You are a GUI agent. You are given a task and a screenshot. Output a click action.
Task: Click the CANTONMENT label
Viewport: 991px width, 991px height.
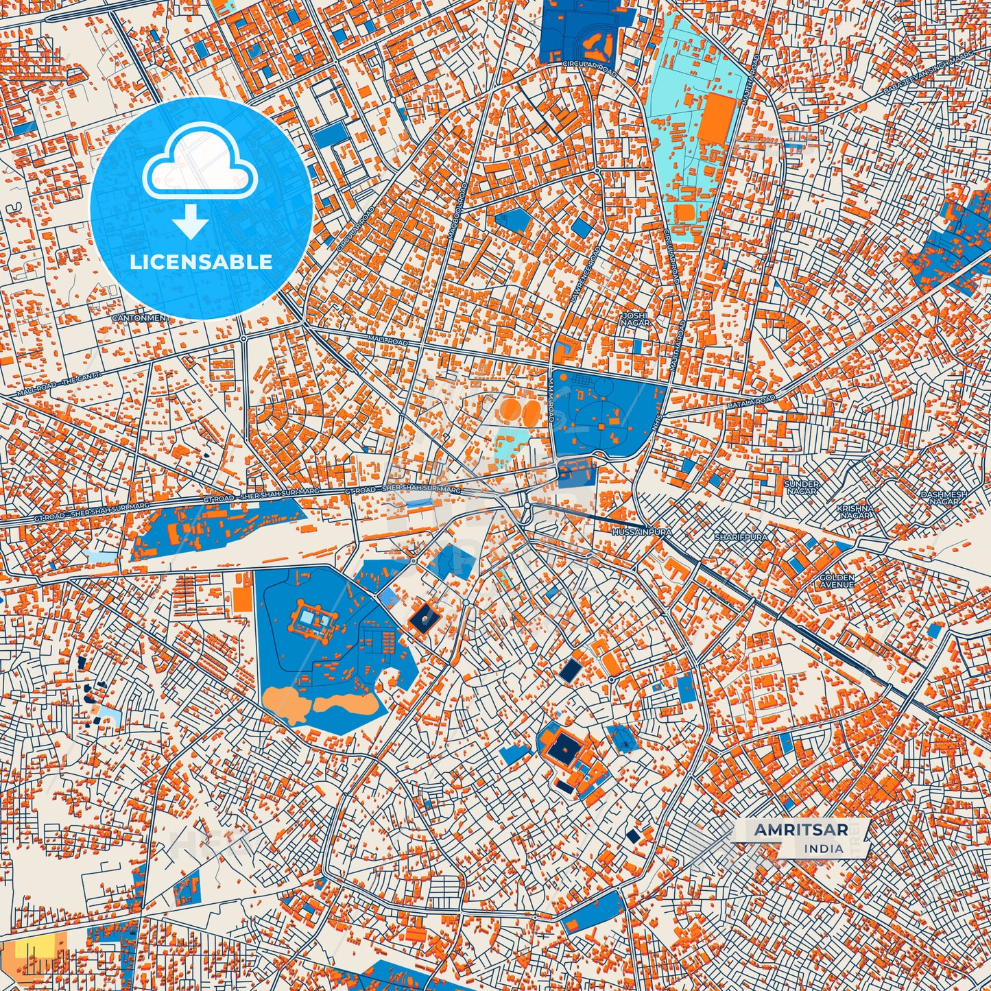140,318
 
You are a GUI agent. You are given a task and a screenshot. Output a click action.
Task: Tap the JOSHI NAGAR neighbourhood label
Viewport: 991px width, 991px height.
634,319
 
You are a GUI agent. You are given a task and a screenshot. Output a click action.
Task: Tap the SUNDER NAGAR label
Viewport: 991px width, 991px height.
801,488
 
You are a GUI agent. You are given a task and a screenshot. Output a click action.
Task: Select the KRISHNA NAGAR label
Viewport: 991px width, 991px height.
855,512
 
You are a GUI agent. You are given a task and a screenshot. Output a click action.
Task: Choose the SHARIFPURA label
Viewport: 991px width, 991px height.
741,537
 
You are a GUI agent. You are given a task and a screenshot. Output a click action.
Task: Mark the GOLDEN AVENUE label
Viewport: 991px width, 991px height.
837,581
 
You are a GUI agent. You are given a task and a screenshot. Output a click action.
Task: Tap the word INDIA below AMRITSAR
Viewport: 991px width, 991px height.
824,848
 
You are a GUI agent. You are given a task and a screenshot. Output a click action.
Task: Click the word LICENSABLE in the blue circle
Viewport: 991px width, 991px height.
202,261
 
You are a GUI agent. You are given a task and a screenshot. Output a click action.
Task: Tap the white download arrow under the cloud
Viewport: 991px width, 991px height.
191,223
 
